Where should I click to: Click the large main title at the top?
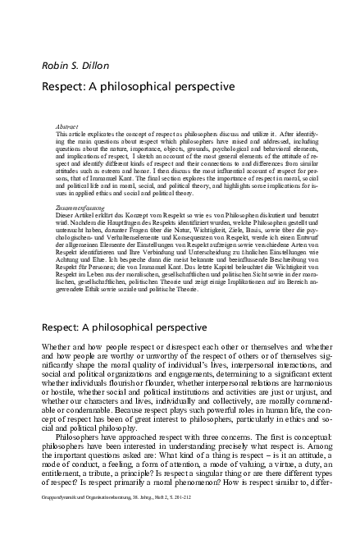tap(138, 85)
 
